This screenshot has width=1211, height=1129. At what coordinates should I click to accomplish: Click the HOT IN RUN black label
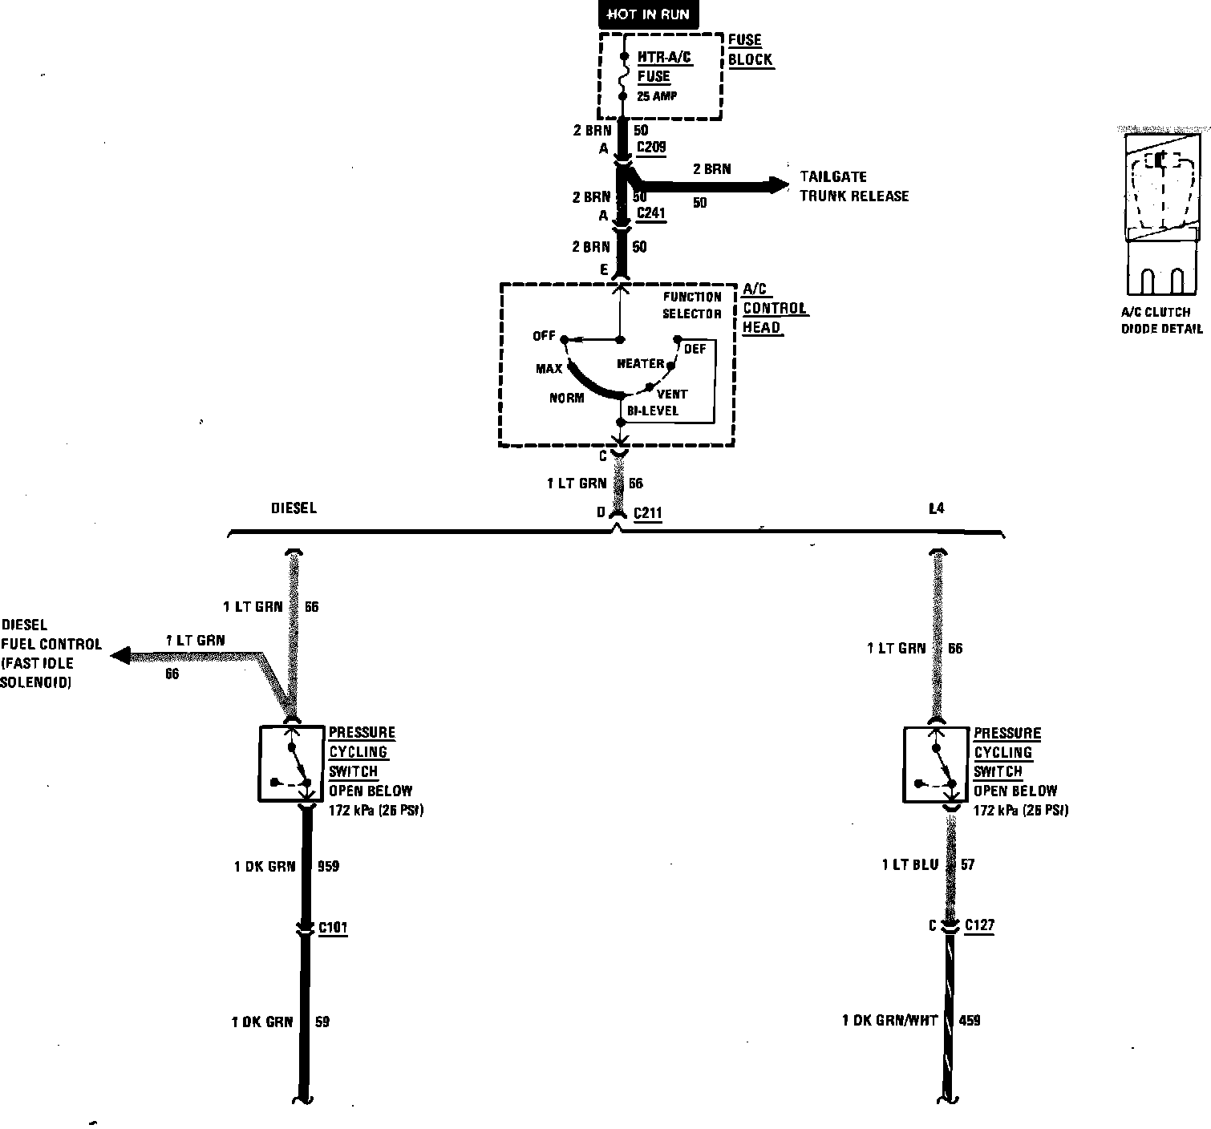click(648, 14)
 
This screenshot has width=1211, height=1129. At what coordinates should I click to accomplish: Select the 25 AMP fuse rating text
click(657, 96)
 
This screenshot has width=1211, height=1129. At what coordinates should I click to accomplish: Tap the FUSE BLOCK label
click(750, 50)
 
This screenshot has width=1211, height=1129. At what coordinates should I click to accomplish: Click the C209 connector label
click(650, 148)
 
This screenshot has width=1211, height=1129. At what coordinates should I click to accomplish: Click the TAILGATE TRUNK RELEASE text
click(854, 186)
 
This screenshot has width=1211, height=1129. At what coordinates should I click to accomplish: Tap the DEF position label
click(695, 349)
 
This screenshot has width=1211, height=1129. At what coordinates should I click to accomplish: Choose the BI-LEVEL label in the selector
click(653, 411)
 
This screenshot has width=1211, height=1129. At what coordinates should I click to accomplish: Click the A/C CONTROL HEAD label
click(773, 309)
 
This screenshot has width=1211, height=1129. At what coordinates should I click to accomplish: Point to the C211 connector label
click(647, 513)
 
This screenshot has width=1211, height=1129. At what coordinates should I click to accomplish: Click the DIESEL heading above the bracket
click(294, 508)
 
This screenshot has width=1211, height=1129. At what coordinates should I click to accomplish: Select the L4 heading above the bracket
click(936, 508)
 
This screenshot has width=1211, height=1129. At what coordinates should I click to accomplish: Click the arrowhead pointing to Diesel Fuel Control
click(121, 656)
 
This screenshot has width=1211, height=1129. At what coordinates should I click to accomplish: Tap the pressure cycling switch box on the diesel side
click(291, 763)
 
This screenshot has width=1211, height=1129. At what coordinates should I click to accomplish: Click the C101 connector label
click(333, 928)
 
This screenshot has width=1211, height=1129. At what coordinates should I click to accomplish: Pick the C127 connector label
click(979, 925)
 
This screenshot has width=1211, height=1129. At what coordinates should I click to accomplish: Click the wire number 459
click(969, 1021)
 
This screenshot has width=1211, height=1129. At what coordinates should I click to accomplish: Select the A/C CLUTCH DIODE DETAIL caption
click(1161, 321)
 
